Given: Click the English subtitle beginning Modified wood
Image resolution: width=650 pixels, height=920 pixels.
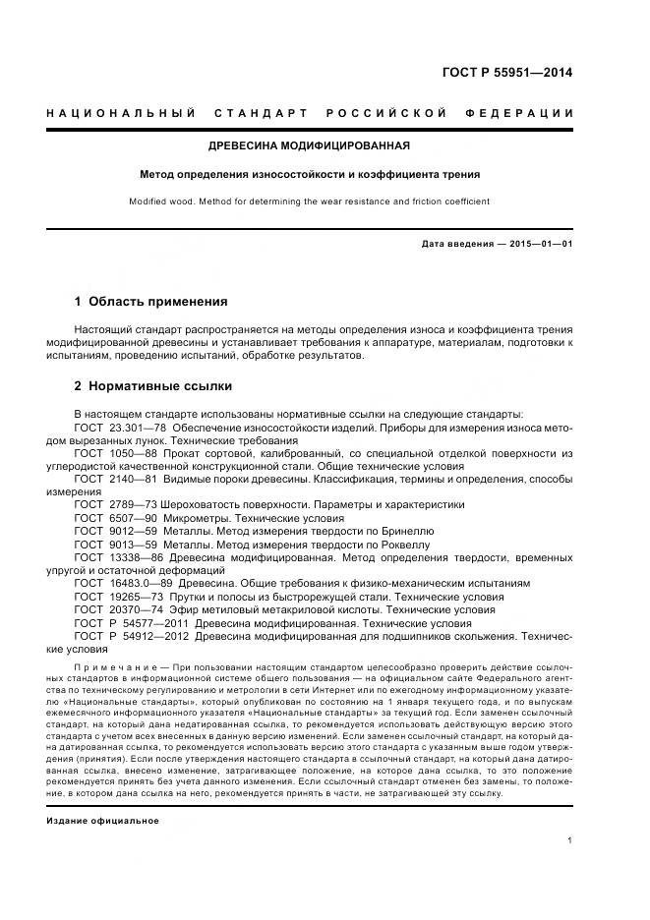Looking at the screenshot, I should point(309,201).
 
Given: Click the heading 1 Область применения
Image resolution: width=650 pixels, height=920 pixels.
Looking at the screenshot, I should point(150,301).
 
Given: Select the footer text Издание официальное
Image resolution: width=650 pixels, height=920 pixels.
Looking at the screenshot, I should point(102,792).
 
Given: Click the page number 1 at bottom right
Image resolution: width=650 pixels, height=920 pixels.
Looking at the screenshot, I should point(569,840).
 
